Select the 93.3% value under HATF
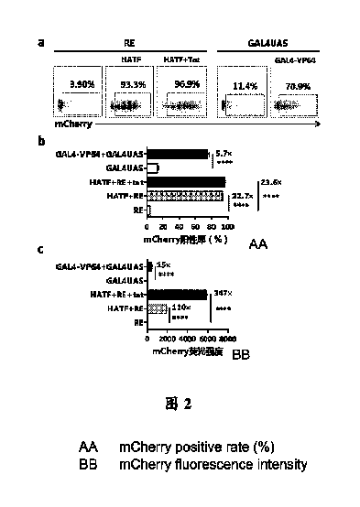[x=129, y=85]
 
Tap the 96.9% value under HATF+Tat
[x=180, y=85]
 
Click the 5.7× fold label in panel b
[x=224, y=154]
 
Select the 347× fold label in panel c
[x=247, y=293]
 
